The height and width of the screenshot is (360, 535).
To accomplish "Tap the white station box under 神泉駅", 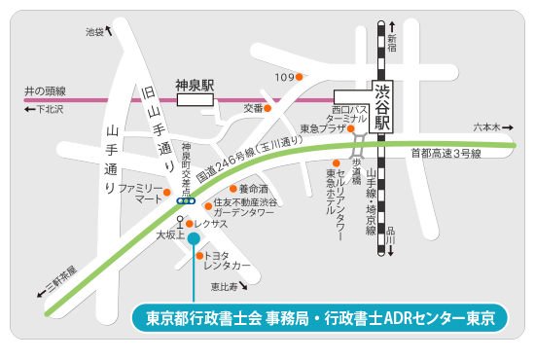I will point(194,98).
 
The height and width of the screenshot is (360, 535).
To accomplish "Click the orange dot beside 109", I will point(300,77).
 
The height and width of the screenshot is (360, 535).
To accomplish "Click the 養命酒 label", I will point(254,189).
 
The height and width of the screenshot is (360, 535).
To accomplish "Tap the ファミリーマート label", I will point(139,193).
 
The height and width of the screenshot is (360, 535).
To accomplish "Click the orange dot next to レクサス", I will point(192,224).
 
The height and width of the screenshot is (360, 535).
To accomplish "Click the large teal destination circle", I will point(194,238).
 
